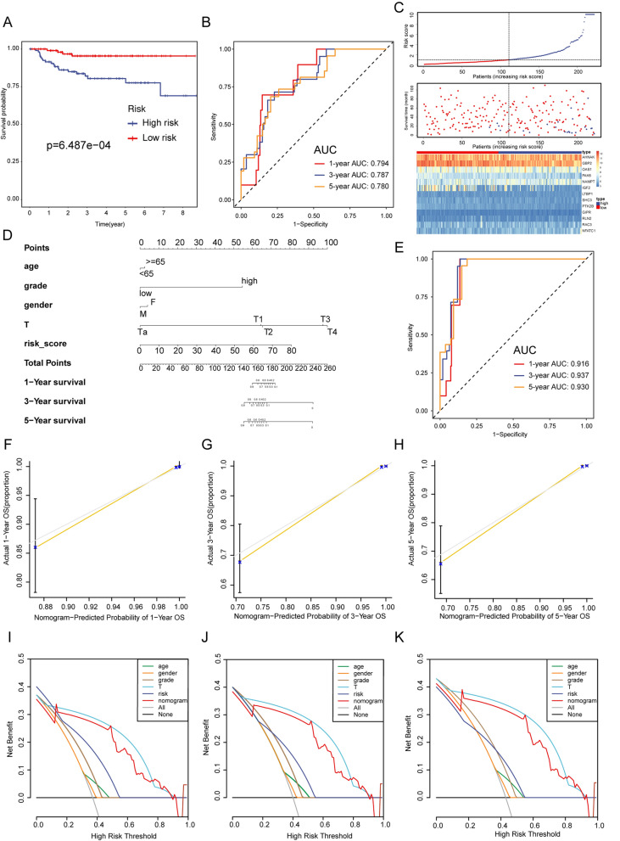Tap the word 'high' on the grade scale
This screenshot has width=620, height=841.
pyautogui.click(x=249, y=281)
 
